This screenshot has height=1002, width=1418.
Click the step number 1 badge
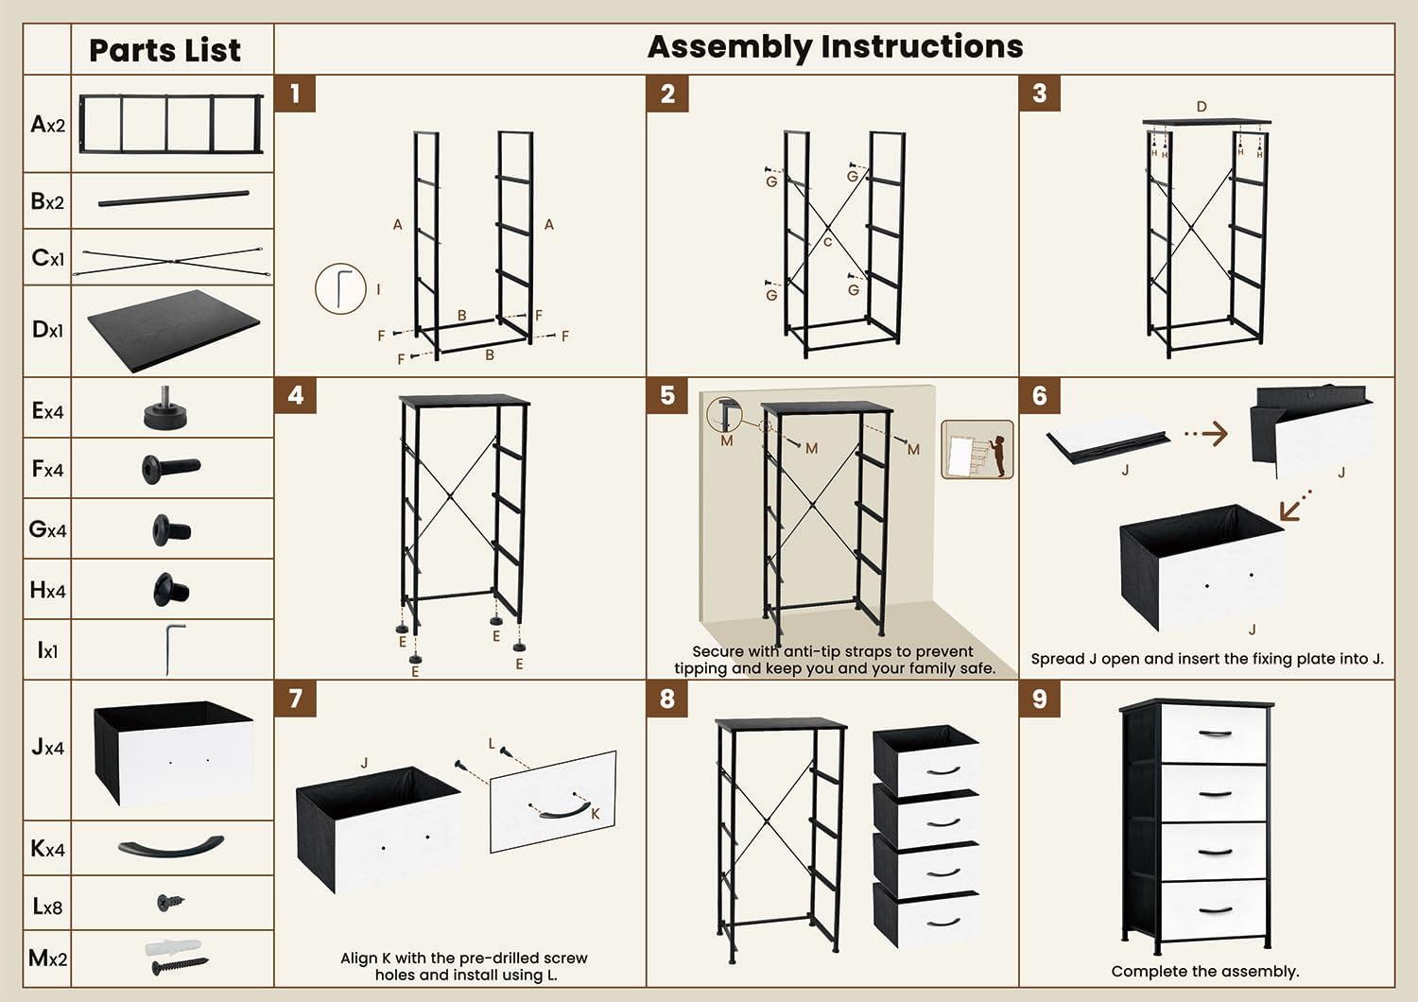point(295,94)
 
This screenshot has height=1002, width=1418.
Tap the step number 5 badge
point(667,395)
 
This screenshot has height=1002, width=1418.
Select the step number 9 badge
point(1039,699)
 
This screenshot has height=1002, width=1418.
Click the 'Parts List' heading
point(164,50)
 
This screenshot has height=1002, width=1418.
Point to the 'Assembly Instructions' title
point(835,46)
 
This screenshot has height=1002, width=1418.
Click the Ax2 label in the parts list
point(47,125)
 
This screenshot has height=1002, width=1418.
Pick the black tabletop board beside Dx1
point(173,330)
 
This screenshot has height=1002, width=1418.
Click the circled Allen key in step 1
point(340,288)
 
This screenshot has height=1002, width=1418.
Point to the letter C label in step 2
point(827,242)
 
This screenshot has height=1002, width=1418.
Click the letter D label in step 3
point(1202,107)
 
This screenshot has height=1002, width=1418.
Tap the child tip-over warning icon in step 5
point(977,449)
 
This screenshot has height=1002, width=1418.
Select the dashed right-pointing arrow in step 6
point(1205,434)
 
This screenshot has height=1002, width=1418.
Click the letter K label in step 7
point(595,814)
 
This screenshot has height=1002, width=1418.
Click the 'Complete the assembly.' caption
point(1204,971)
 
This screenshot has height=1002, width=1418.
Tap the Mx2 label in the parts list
point(47,959)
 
